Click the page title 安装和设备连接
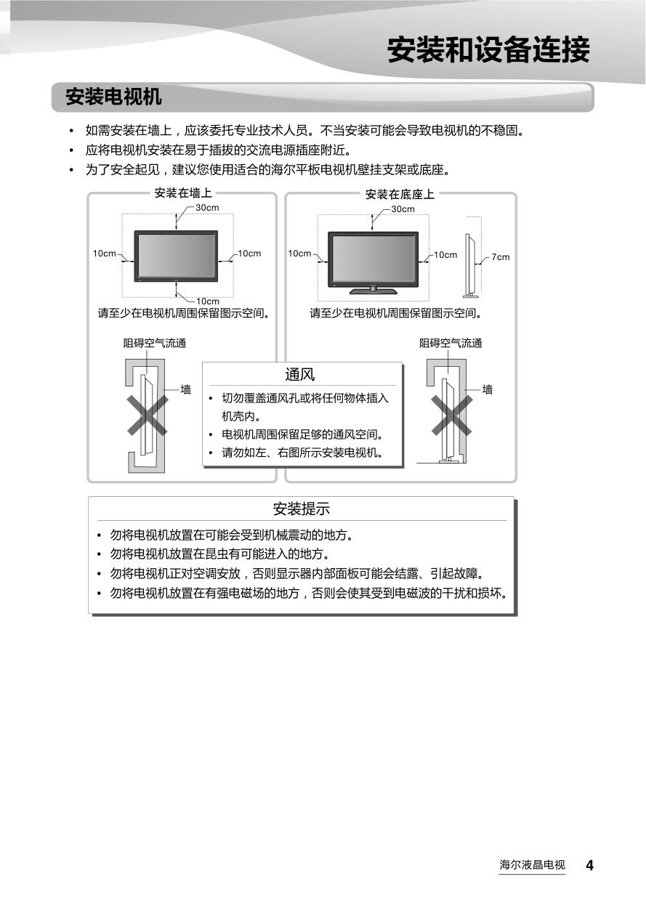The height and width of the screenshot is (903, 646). pos(488,49)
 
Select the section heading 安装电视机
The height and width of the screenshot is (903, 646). pos(113,97)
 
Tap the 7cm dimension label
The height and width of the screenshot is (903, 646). pos(501,257)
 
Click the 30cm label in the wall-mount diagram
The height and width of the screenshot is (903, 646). pos(207,208)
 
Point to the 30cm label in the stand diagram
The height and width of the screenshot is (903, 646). pos(403,209)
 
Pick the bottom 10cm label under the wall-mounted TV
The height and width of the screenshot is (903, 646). pos(208,301)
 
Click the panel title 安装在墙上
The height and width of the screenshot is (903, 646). pos(183,193)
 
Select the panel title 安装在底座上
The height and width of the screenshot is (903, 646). pos(400,194)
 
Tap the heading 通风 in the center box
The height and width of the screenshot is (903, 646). pos(299,375)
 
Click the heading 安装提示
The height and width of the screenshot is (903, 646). pos(302,509)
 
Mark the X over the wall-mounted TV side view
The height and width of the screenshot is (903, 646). pos(148,416)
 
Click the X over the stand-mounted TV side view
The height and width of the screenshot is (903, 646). pos(452,416)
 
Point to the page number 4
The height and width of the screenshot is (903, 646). pos(589,865)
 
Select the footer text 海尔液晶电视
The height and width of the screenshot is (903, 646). pos(532,864)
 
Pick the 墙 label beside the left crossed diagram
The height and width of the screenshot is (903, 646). pos(185,390)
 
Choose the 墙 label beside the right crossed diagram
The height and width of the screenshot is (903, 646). pos(488,390)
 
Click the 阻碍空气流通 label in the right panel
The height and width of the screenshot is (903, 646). pos(451,344)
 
